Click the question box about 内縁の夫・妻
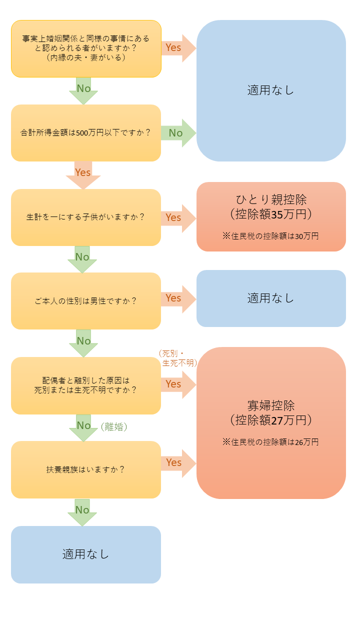pos(86,48)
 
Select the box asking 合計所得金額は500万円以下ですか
pos(86,133)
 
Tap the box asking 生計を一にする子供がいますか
pos(86,217)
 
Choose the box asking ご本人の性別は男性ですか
pos(86,301)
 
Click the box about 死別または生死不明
pos(86,385)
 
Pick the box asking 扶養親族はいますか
pos(86,469)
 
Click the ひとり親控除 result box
pos(271,216)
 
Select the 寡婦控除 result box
pos(271,422)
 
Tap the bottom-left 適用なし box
pos(86,554)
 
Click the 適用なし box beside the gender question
pos(271,298)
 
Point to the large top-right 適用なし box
pos(271,90)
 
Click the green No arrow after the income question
pos(177,133)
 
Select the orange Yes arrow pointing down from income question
pos(83,174)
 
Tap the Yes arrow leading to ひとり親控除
pos(177,218)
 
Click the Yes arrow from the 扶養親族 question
pos(177,463)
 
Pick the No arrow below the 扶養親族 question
pos(82,511)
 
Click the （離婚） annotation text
pos(114,427)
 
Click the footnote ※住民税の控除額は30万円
pos(270,236)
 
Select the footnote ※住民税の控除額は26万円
pos(270,442)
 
